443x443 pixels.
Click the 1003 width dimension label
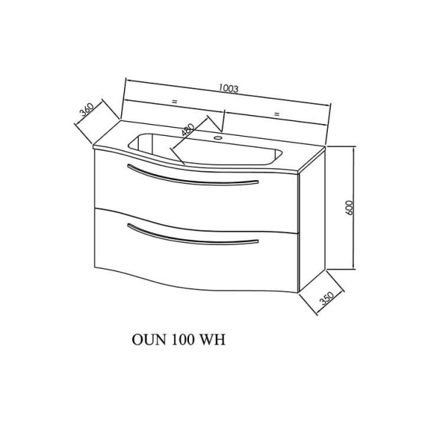[x=229, y=89]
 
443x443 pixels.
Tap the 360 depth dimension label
[x=86, y=110]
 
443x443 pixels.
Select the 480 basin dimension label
[x=188, y=130]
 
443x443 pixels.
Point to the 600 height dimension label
[x=349, y=207]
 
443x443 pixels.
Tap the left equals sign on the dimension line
[x=174, y=101]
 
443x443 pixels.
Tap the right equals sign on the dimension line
[x=277, y=114]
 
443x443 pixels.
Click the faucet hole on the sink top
[x=218, y=138]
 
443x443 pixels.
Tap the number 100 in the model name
[x=182, y=340]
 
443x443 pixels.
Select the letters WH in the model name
[x=213, y=340]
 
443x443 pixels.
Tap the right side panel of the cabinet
[x=312, y=220]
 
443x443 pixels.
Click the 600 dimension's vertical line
[x=354, y=208]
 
